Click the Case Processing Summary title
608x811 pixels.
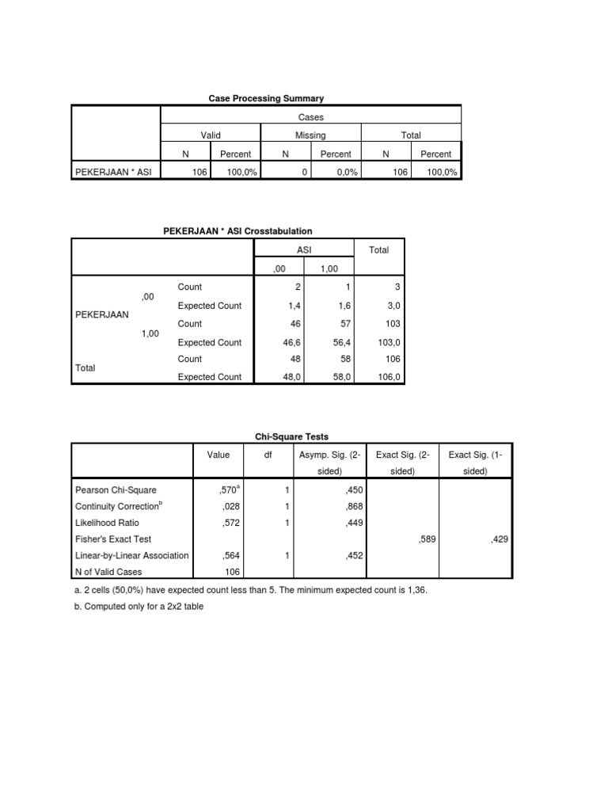tap(266, 98)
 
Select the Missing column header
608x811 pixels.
tap(310, 135)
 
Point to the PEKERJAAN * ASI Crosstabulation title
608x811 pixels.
tap(237, 231)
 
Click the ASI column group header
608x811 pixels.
tap(305, 249)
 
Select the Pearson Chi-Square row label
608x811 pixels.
tap(116, 492)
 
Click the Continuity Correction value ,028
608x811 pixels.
tap(230, 505)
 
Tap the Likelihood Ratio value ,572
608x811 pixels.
tap(230, 522)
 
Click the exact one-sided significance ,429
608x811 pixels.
tap(500, 539)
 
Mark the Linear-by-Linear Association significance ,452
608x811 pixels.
tap(353, 556)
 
